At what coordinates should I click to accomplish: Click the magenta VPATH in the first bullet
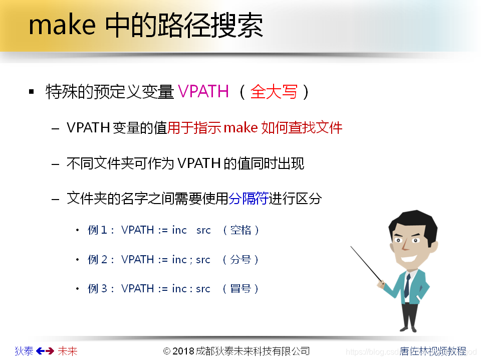pos(203,92)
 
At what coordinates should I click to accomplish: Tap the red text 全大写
pos(274,92)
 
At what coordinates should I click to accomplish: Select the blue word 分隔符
pos(249,199)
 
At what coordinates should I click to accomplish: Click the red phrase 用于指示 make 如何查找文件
pos(255,128)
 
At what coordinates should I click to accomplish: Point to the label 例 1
pos(98,230)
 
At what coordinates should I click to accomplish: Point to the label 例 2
pos(98,260)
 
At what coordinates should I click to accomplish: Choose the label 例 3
pos(98,289)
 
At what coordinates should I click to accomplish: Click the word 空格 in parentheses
pos(241,230)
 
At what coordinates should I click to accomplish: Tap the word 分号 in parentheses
pos(241,260)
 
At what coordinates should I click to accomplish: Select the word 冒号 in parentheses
pos(241,289)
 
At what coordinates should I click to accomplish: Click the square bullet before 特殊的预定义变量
pos(32,92)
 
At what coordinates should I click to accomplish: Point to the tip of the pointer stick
pos(352,247)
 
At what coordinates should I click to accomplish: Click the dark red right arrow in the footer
pos(50,351)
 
